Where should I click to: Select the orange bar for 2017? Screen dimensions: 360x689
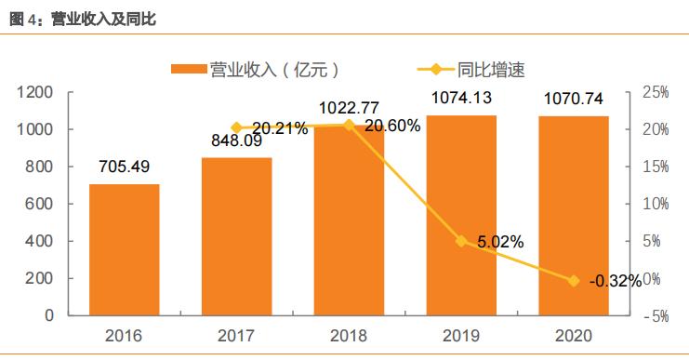236,236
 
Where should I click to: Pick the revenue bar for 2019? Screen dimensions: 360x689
461,215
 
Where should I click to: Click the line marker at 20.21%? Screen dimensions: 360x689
236,128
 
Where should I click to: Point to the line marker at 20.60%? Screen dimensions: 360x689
349,126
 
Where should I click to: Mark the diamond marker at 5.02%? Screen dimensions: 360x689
461,241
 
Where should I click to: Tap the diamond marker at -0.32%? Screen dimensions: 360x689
573,281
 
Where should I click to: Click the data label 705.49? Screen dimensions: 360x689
125,167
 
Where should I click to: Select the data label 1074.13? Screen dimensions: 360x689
461,98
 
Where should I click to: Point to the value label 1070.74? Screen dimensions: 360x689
573,98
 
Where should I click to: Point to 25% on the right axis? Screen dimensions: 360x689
656,92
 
